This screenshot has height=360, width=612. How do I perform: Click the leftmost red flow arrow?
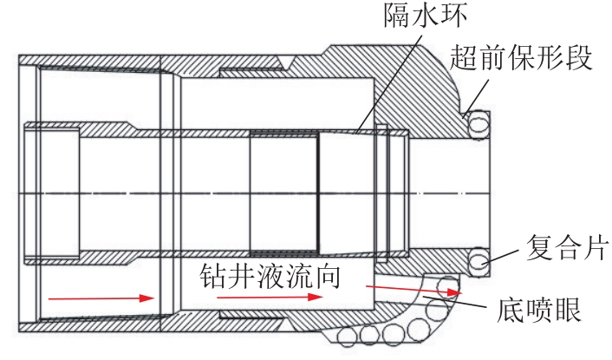101,298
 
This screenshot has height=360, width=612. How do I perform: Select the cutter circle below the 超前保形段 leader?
479,126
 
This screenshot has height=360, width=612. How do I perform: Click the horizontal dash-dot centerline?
260,191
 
